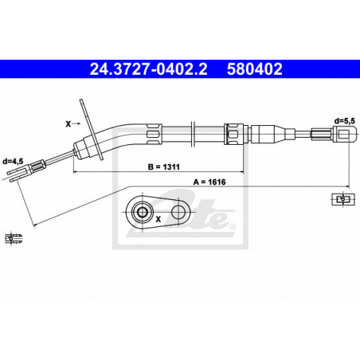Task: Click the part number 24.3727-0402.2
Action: tap(148, 69)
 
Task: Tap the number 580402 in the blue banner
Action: tap(254, 69)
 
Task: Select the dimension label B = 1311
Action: tap(163, 167)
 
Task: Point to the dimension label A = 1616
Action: tap(209, 182)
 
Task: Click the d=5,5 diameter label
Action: tap(344, 121)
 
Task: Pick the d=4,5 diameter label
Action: tap(13, 161)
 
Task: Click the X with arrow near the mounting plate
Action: tap(72, 123)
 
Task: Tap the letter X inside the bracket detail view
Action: tap(158, 220)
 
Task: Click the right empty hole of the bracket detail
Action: tap(178, 212)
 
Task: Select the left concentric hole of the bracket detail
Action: tap(143, 212)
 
